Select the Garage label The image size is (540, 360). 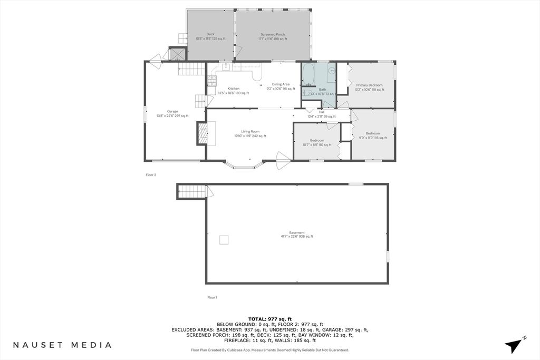click(172, 114)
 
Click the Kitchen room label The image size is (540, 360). click(233, 91)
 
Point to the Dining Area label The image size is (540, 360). click(281, 86)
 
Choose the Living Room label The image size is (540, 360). click(250, 134)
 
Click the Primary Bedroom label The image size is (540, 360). click(369, 87)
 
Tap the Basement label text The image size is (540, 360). click(296, 235)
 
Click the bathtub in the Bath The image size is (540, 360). click(308, 75)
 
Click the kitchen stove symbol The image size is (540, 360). click(211, 80)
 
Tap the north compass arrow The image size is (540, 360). click(515, 345)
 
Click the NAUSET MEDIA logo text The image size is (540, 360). click(62, 345)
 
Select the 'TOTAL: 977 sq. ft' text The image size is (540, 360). click(269, 319)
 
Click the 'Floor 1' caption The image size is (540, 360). click(212, 298)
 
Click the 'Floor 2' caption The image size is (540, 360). click(151, 175)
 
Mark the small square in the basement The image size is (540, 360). click(224, 240)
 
